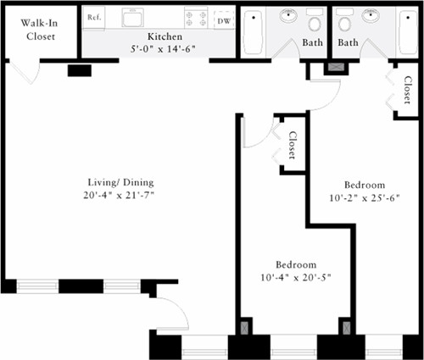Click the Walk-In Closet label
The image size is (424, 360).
[39, 30]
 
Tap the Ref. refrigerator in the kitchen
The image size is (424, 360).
[94, 18]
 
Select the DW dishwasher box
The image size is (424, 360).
[224, 20]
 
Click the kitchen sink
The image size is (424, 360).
[132, 17]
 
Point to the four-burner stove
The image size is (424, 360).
[196, 18]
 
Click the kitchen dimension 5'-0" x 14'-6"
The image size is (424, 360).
[163, 49]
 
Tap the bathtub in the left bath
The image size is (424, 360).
[254, 32]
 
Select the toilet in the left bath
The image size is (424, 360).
[315, 19]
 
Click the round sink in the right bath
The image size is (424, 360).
[371, 15]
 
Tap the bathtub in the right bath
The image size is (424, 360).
[407, 32]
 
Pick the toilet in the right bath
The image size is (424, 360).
[344, 19]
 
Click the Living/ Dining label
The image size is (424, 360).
[120, 182]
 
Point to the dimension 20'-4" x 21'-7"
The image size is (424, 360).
[119, 195]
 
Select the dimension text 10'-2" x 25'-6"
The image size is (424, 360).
[365, 198]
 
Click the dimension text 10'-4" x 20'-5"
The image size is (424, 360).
[296, 278]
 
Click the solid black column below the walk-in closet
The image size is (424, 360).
[80, 70]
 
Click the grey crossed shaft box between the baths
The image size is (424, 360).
[336, 67]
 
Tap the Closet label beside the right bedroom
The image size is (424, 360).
[407, 90]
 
